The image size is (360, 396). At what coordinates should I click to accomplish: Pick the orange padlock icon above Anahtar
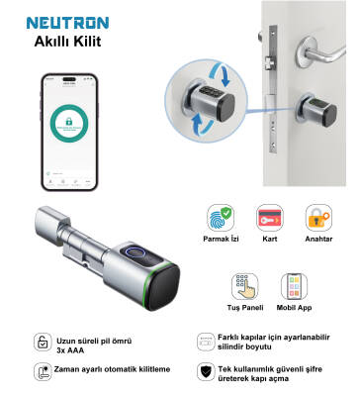[316, 220]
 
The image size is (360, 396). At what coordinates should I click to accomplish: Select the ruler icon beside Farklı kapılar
[205, 341]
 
